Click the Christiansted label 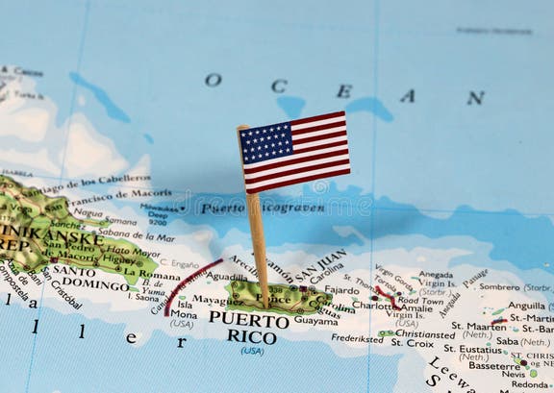[x=424, y=334]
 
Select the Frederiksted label [x=358, y=338]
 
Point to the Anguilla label [x=526, y=307]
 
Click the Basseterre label [x=494, y=366]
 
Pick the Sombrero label [x=499, y=286]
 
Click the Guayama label [x=315, y=321]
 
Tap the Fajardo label [x=341, y=289]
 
